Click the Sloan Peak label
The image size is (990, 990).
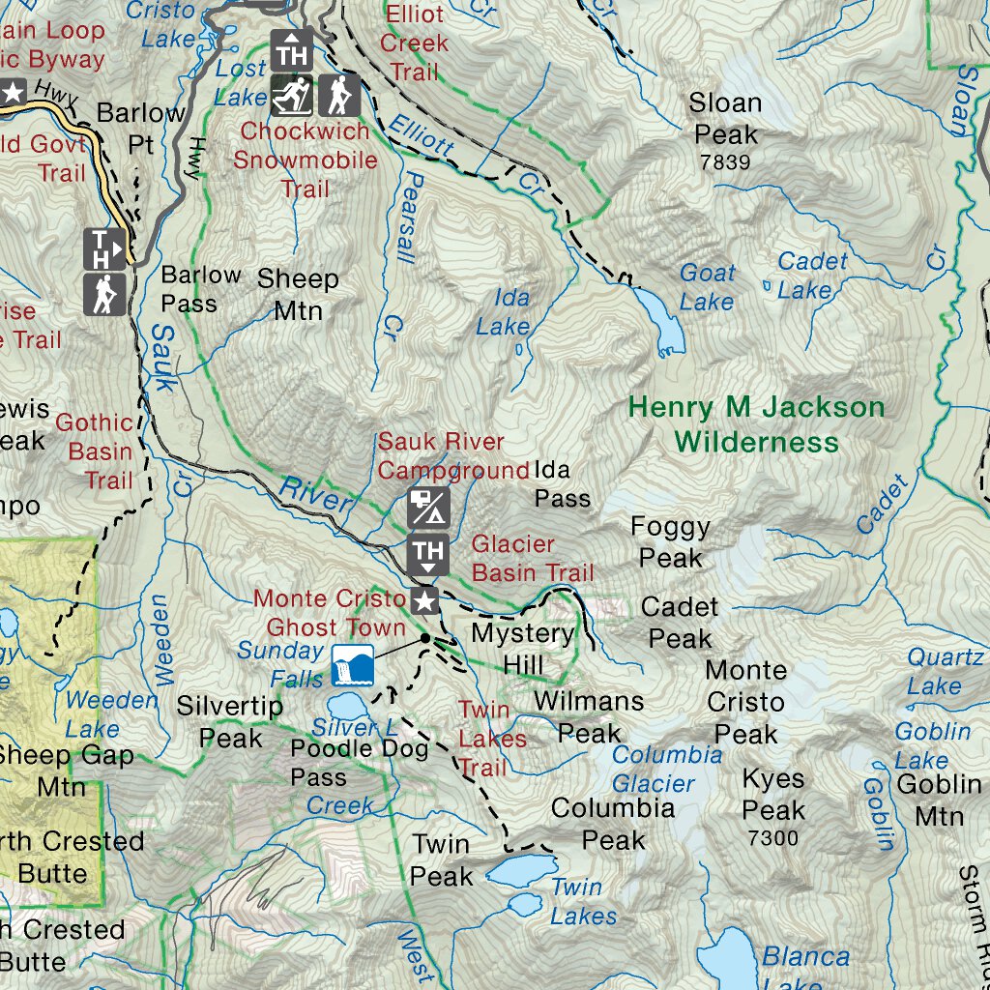pos(725,118)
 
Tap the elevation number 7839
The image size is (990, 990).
pos(725,162)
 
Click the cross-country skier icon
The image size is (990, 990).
pos(291,95)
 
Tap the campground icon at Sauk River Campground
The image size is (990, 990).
pos(428,508)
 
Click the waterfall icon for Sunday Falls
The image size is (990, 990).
pos(352,665)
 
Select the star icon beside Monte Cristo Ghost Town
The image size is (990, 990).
pos(424,602)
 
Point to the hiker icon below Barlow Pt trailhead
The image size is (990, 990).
pos(103,293)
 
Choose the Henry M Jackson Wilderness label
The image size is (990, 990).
pos(756,424)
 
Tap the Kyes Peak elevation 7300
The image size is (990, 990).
pos(773,838)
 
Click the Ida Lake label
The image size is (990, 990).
pos(504,312)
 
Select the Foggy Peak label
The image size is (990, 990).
pos(670,542)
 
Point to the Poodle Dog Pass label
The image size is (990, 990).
pos(359,762)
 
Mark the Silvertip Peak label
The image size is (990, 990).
pos(229,722)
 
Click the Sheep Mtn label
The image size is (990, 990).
pos(298,295)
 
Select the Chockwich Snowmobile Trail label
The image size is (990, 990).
pos(305,160)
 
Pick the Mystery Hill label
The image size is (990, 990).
pos(522,649)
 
